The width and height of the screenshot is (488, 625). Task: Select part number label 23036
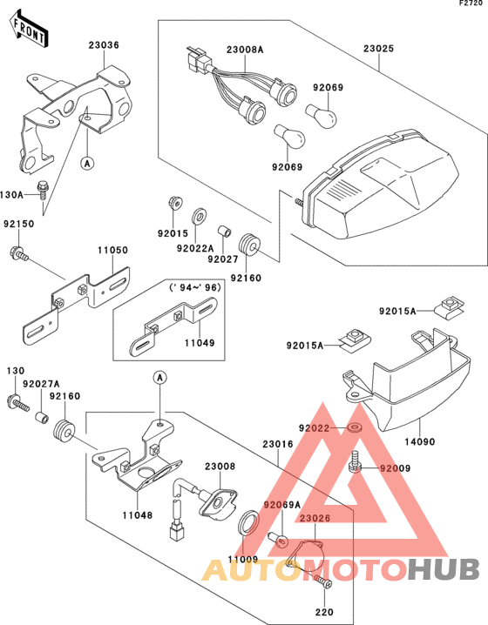pyautogui.click(x=104, y=44)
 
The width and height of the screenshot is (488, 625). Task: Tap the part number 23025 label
pyautogui.click(x=378, y=48)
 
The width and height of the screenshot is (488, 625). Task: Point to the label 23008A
pyautogui.click(x=245, y=50)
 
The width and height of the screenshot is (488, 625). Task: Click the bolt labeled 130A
pyautogui.click(x=42, y=191)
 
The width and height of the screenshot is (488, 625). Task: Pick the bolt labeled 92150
pyautogui.click(x=19, y=253)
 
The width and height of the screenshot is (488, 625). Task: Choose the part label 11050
pyautogui.click(x=113, y=250)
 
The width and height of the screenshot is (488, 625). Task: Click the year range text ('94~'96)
pyautogui.click(x=194, y=287)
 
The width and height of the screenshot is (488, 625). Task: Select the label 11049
pyautogui.click(x=200, y=342)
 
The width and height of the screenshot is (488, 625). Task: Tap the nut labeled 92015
pyautogui.click(x=174, y=203)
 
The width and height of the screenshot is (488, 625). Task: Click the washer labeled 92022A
pyautogui.click(x=198, y=216)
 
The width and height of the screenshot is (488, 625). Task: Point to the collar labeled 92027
pyautogui.click(x=224, y=232)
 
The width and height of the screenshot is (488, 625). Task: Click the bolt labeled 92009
pyautogui.click(x=355, y=462)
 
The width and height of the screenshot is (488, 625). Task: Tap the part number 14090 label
pyautogui.click(x=420, y=441)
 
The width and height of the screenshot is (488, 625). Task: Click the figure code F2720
pyautogui.click(x=471, y=3)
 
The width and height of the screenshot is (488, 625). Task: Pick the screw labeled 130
pyautogui.click(x=18, y=402)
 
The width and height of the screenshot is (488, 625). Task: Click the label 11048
pyautogui.click(x=138, y=515)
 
